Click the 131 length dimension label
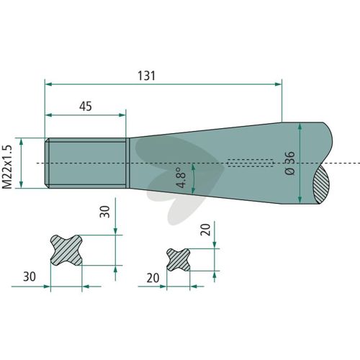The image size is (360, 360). pos(146,76)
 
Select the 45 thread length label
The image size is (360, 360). pos(86,107)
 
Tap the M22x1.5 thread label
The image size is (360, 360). pos(7,167)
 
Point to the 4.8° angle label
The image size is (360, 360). pos(181,177)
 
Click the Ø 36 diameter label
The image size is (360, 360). pos(289,163)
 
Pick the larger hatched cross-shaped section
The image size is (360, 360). pos(66,250)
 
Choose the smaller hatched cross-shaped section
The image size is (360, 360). pos(178,260)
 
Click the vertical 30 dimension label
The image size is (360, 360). pos(105,212)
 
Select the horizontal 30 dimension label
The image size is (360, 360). pos(30,276)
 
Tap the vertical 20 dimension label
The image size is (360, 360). pos(206,230)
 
